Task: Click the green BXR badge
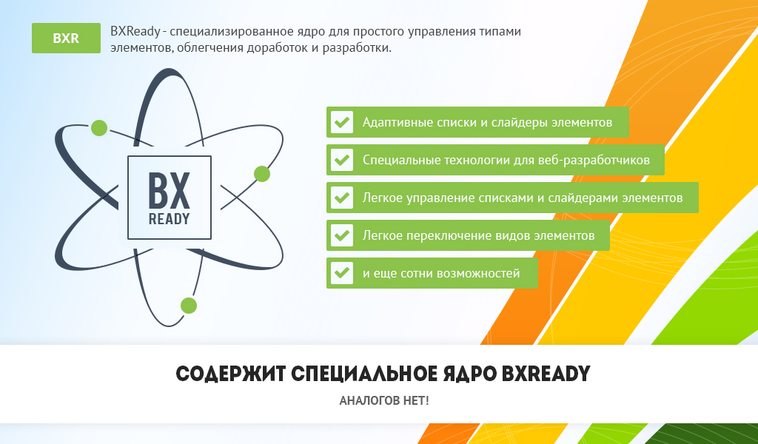[66, 38]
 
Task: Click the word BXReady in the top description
[135, 32]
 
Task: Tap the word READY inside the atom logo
[170, 219]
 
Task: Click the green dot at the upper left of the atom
[99, 128]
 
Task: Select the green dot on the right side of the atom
[262, 174]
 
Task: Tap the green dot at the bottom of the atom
[189, 306]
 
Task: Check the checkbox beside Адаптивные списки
[342, 122]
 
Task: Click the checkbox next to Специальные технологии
[342, 160]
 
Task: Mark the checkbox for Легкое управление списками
[342, 198]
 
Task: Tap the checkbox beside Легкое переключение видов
[342, 235]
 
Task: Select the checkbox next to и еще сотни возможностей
[342, 273]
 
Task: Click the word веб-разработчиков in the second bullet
[594, 161]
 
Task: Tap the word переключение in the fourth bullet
[442, 236]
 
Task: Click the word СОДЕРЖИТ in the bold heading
[231, 374]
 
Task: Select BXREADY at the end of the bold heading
[546, 374]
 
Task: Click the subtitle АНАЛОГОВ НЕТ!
[384, 400]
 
